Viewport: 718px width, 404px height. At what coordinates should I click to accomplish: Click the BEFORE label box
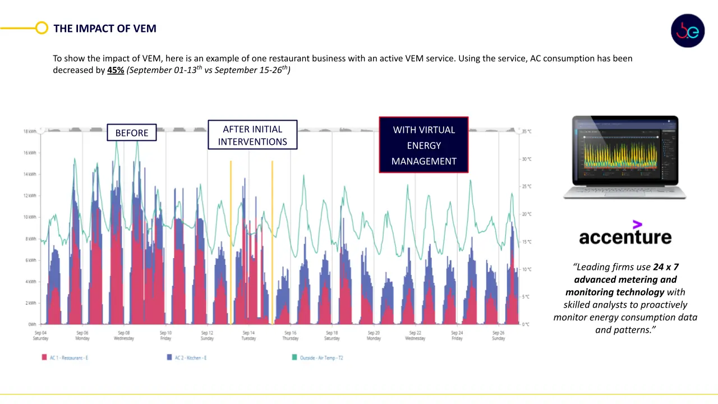[x=132, y=133]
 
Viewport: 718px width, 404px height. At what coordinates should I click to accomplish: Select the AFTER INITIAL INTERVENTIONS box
[x=252, y=135]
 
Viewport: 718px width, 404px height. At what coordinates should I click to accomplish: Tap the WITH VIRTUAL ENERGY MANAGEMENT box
[x=424, y=145]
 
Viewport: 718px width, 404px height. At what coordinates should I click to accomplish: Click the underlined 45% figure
[x=116, y=71]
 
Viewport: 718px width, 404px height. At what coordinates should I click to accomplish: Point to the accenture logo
[x=625, y=234]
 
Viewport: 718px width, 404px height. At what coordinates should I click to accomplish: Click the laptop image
[x=625, y=157]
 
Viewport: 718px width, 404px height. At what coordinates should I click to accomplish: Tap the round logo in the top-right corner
[x=688, y=31]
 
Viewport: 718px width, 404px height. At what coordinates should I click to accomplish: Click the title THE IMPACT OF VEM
[x=105, y=29]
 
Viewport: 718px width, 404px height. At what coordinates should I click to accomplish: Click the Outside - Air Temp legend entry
[x=317, y=357]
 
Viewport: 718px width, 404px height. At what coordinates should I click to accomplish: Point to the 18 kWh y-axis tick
[x=30, y=131]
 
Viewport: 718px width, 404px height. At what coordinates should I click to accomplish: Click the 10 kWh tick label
[x=30, y=217]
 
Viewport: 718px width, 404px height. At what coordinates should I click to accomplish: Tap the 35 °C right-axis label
[x=526, y=131]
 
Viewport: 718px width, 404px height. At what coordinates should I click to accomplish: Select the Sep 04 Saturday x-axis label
[x=40, y=336]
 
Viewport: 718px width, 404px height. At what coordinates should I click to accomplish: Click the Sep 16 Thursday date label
[x=290, y=336]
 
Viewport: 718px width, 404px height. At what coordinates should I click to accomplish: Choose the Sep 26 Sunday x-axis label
[x=498, y=336]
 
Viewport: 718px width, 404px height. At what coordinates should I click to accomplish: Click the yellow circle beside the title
[x=42, y=28]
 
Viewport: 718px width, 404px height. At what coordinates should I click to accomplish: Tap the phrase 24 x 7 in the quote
[x=665, y=267]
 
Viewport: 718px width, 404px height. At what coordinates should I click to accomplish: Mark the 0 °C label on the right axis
[x=526, y=324]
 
